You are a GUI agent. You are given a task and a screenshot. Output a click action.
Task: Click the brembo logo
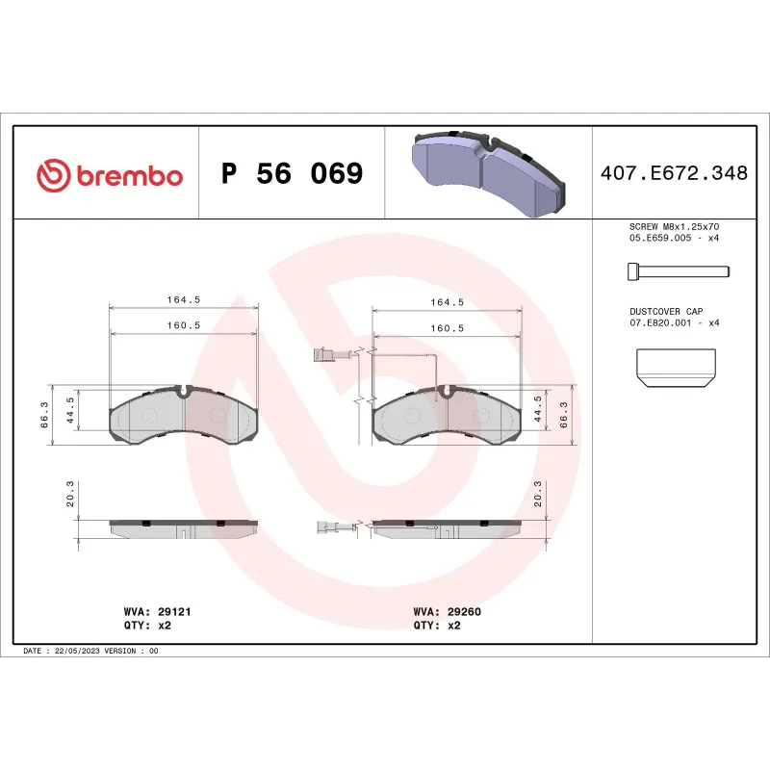109,175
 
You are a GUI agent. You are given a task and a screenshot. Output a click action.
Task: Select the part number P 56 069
292,174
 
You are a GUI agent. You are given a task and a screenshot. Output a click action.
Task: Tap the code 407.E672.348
674,174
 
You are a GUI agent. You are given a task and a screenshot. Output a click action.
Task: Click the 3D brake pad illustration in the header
488,173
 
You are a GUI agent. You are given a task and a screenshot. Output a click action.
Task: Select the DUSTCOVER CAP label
666,312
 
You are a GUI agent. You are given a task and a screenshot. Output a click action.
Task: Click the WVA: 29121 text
149,611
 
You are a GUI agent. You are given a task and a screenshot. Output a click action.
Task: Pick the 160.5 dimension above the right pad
447,328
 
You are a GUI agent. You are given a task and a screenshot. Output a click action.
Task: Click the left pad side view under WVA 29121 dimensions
184,528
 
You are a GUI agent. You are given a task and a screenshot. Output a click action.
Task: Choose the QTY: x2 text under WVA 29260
437,625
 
